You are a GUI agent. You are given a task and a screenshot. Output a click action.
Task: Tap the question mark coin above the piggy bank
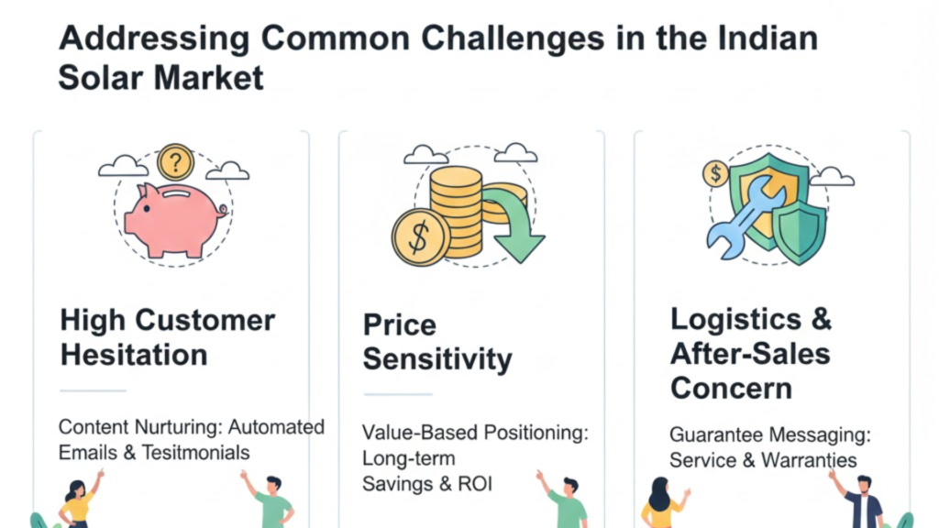175,162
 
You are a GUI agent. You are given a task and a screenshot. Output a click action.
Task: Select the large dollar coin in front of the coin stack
421,237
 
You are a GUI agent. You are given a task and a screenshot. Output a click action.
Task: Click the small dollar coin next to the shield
715,174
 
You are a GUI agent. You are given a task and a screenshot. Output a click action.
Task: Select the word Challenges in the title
513,38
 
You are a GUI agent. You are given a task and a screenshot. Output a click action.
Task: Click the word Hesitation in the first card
134,355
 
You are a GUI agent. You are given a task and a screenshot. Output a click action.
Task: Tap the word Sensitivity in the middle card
437,359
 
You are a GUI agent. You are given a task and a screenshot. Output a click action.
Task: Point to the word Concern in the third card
731,389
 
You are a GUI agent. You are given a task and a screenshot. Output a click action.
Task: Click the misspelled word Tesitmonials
195,453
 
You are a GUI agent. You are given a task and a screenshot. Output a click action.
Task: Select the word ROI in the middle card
475,484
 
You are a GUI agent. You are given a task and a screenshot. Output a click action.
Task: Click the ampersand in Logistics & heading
822,319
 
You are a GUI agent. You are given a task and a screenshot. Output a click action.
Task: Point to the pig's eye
147,209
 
